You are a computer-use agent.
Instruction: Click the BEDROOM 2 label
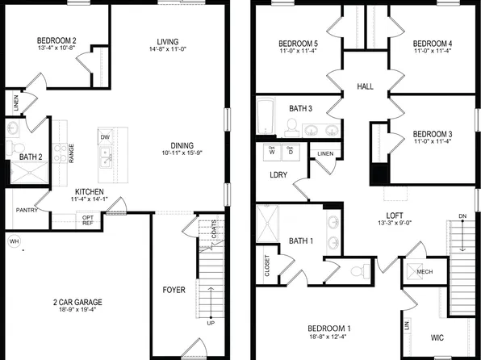coord(56,40)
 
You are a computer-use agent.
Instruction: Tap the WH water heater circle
coord(14,241)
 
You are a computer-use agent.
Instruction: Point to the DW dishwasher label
coord(105,137)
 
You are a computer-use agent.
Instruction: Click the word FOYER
coord(174,287)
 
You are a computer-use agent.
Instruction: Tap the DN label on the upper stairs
coord(462,216)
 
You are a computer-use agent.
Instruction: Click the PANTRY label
coord(27,210)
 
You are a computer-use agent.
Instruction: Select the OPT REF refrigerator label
coord(88,220)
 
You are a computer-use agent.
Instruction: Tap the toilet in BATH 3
coord(292,125)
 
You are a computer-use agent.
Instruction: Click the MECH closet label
coord(425,272)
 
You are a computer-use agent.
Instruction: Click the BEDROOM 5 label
coord(299,44)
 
